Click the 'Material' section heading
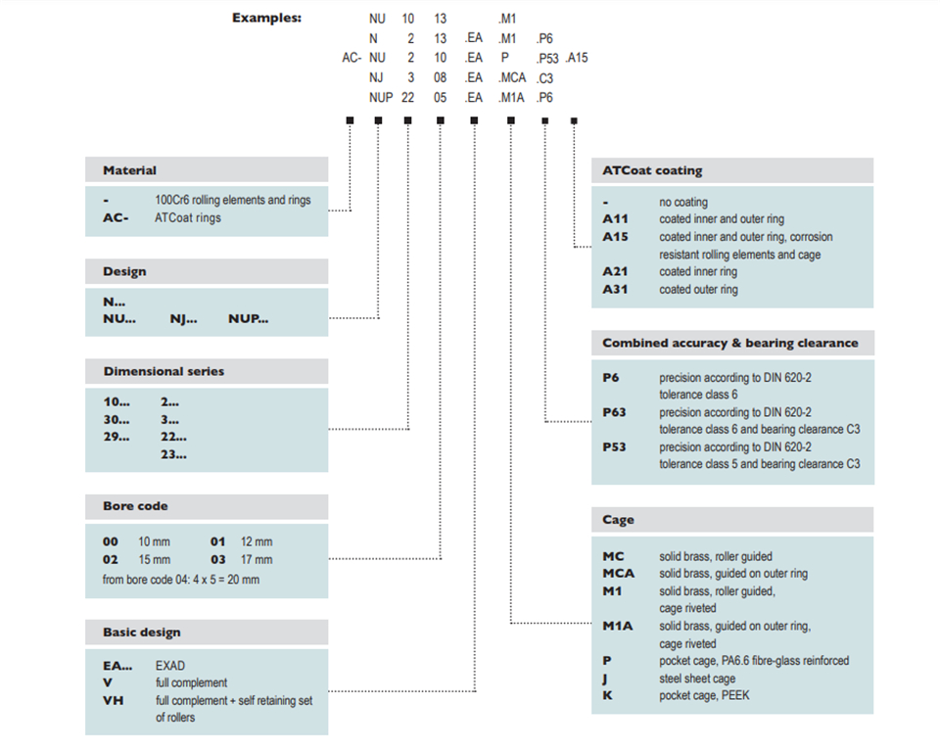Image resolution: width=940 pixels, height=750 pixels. point(129,170)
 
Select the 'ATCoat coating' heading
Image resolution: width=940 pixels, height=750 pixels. point(652,170)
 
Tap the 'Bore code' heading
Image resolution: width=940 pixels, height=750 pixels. point(135,506)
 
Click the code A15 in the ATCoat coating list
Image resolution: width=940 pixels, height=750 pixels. point(615,237)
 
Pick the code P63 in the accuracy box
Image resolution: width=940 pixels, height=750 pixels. point(614,412)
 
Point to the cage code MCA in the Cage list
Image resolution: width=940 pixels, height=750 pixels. point(618,573)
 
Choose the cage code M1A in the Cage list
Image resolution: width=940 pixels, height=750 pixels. point(618,626)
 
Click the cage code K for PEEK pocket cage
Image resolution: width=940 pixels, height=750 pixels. point(607,695)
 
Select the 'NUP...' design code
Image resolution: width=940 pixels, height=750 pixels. point(248,319)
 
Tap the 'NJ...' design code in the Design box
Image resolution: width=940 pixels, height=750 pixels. point(183,319)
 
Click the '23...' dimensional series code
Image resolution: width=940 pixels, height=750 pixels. point(173,454)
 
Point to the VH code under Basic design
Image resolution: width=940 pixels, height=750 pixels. point(113,700)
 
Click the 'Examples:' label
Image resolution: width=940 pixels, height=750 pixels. point(266,18)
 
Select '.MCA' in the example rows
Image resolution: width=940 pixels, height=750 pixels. point(512,78)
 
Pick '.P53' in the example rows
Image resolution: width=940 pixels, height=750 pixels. point(547,58)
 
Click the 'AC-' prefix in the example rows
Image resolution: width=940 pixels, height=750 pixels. point(352,58)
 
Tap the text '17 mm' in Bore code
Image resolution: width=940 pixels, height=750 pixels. point(257,560)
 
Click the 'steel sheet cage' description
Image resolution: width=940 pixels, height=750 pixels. point(697,679)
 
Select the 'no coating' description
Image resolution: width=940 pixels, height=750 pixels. point(683,202)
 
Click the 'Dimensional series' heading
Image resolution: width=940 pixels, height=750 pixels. point(164,371)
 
